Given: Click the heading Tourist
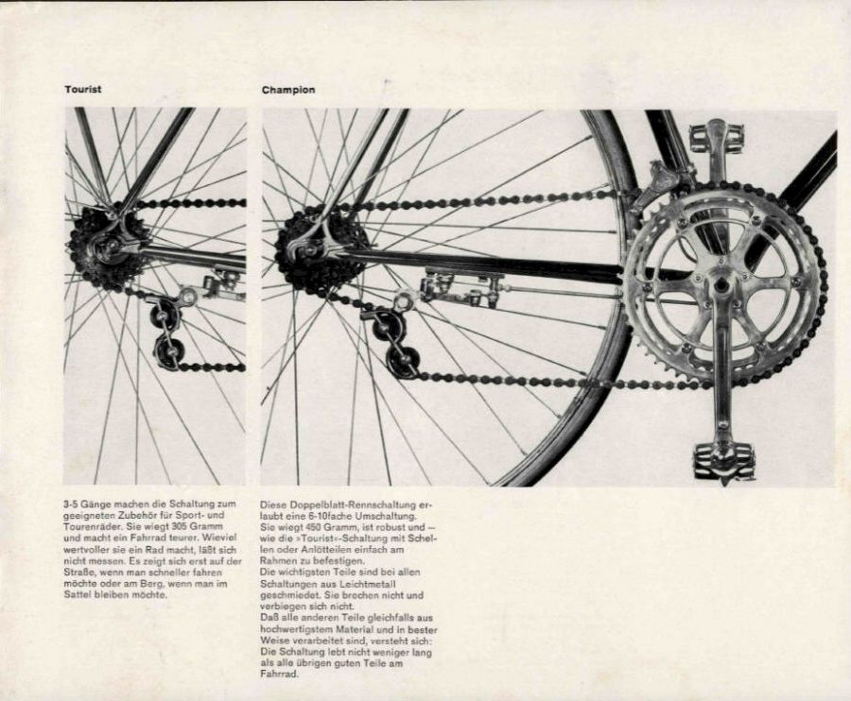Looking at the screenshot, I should tap(82, 89).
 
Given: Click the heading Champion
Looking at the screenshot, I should tap(288, 90).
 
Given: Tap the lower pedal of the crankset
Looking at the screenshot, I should tap(724, 460).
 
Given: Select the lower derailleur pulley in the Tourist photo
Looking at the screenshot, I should tap(170, 353).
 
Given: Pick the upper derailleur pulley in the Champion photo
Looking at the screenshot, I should tap(389, 326).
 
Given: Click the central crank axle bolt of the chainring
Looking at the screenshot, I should tap(722, 284).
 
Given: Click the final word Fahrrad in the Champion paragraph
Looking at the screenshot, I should tap(278, 674).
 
